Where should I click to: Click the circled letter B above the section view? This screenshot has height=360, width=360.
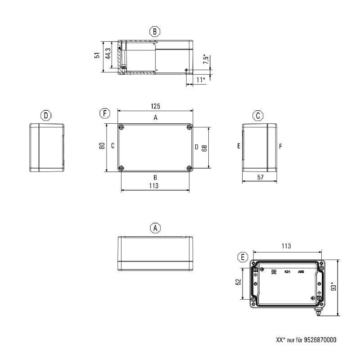click(155, 31)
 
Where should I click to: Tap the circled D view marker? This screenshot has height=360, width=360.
click(46, 116)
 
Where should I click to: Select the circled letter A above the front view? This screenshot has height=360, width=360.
click(155, 228)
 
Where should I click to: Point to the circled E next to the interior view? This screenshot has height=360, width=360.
click(243, 257)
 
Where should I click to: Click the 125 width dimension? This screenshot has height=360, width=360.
click(155, 106)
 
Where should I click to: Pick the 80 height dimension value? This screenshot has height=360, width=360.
click(102, 146)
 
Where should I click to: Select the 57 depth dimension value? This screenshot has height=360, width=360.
click(260, 178)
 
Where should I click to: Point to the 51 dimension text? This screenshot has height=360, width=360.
click(97, 55)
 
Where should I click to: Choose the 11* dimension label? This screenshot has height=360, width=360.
click(201, 80)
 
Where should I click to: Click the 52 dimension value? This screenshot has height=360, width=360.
click(238, 282)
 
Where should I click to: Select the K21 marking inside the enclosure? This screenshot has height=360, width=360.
click(287, 272)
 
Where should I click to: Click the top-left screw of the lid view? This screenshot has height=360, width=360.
click(121, 128)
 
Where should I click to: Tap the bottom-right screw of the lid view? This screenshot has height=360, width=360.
click(189, 168)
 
